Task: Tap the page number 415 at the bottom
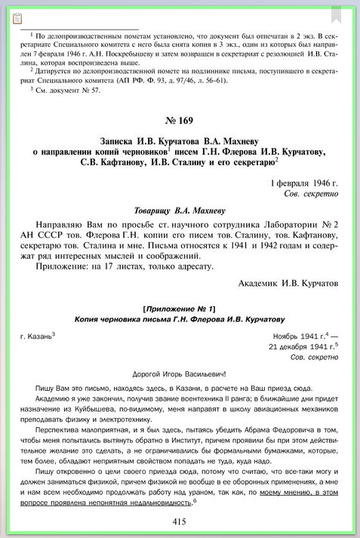pos(179,521)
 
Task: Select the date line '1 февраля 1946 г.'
pos(304,183)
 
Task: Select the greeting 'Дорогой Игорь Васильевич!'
pos(179,374)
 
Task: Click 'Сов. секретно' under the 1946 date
pos(313,194)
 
